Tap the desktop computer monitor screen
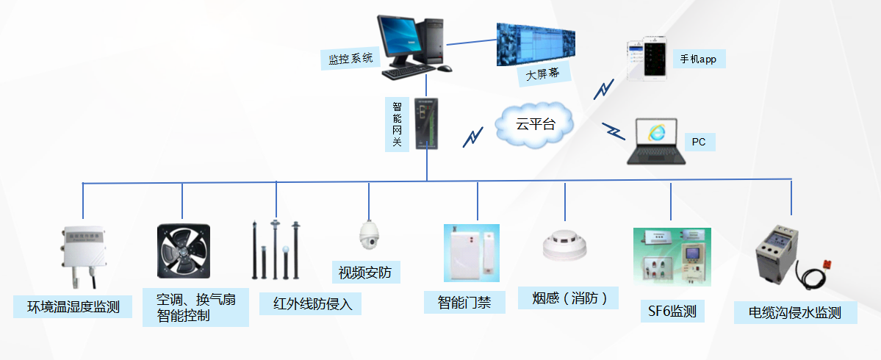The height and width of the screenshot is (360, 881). [x=398, y=40]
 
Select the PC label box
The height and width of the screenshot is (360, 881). [x=699, y=141]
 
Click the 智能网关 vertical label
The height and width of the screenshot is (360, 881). [x=397, y=123]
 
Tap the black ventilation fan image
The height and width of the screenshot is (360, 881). [x=183, y=251]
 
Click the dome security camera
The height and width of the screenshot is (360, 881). [x=367, y=234]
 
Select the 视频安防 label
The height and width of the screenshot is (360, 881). [x=365, y=273]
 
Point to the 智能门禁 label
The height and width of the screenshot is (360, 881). [x=464, y=302]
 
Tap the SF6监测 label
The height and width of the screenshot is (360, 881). [x=672, y=311]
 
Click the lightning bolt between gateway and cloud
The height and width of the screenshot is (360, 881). [x=472, y=137]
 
